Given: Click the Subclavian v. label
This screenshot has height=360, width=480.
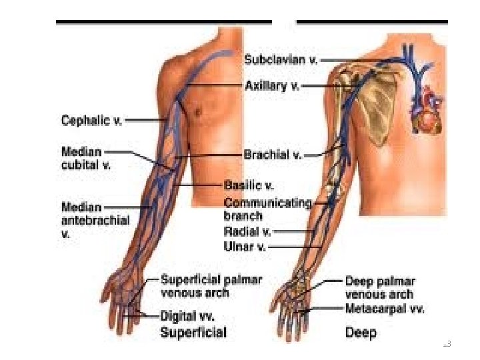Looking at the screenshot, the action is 281,59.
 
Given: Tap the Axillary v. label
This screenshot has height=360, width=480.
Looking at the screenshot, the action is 272,85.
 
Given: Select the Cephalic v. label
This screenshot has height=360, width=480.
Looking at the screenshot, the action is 91,121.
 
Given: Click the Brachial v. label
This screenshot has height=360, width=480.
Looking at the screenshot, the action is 272,155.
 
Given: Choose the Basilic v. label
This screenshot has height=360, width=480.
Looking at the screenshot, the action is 248,185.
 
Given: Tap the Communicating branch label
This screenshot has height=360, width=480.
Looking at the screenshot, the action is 267,209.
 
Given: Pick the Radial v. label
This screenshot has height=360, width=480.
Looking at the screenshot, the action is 247,232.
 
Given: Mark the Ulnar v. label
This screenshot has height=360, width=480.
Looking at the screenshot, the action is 245,246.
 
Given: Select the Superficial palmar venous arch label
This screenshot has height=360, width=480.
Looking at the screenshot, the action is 211,286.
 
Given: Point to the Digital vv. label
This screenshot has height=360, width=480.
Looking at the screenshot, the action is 188,315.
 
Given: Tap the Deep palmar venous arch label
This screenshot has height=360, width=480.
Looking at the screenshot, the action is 379,287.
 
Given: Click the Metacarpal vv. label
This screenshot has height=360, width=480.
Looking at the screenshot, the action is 384,309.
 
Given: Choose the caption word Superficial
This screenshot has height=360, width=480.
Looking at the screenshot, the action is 193,332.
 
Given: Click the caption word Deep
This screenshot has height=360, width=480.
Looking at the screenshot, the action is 361,332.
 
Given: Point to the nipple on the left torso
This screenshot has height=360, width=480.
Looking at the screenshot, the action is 197,111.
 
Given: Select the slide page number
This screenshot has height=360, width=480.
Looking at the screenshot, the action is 447,344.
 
